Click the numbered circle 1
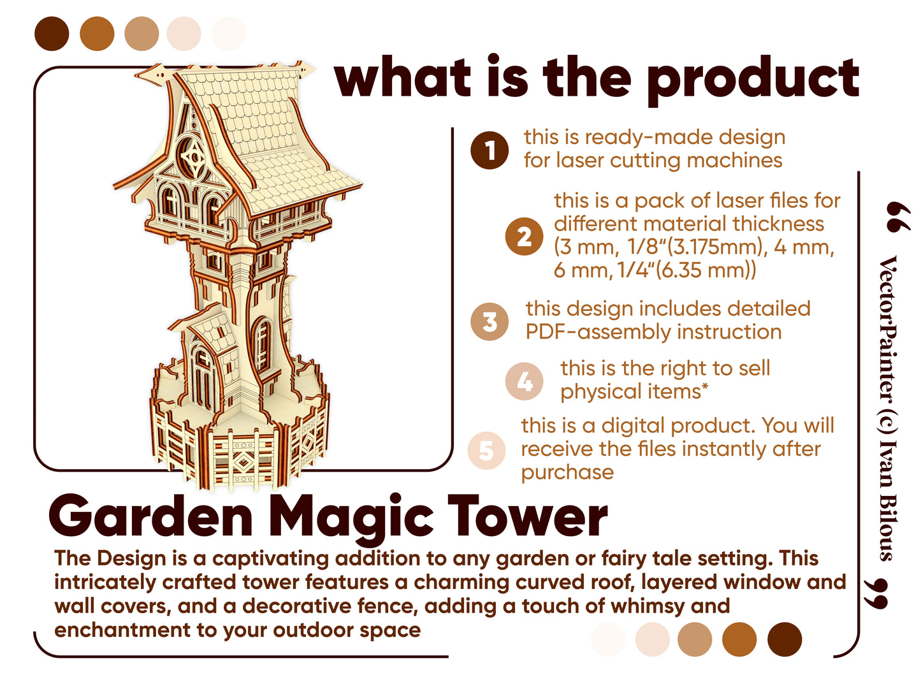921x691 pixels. [490, 150]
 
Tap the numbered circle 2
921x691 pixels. [524, 236]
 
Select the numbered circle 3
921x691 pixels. [490, 321]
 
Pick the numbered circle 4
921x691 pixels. [524, 381]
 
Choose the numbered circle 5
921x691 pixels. [486, 450]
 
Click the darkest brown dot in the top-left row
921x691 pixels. [52, 34]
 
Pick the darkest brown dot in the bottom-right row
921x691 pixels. [784, 639]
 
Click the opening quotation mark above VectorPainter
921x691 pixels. [898, 217]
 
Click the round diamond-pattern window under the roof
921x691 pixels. [192, 156]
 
